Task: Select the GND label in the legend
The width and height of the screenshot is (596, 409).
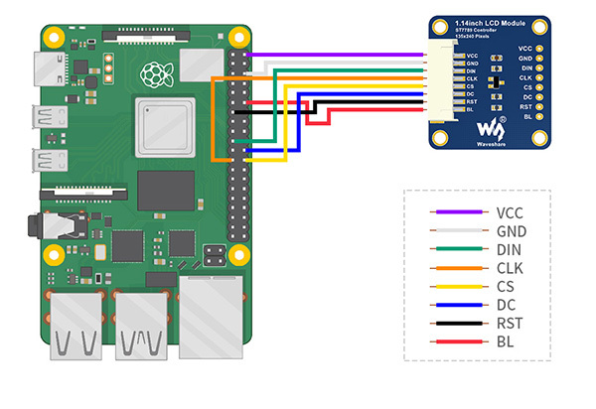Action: coord(508,230)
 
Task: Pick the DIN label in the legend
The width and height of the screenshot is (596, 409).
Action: coord(507,249)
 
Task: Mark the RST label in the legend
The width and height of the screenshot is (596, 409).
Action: coord(507,324)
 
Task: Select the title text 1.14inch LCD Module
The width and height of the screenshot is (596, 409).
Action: coord(492,22)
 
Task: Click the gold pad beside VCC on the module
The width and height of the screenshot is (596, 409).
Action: coord(540,47)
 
